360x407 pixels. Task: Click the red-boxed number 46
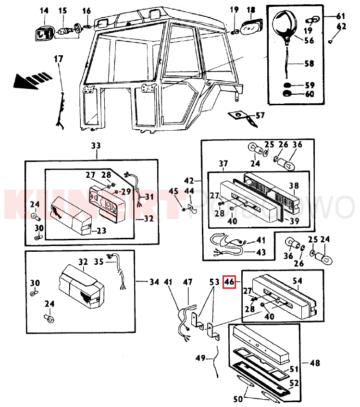tap(229, 283)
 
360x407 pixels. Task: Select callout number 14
tap(44, 11)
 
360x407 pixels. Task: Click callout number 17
tap(58, 59)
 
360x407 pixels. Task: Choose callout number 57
tap(260, 115)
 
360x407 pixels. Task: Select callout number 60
tap(310, 94)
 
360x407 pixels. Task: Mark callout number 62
tap(341, 26)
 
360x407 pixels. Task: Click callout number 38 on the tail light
tap(294, 185)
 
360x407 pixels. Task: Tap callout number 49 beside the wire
tap(201, 358)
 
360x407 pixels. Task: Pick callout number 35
tap(99, 262)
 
